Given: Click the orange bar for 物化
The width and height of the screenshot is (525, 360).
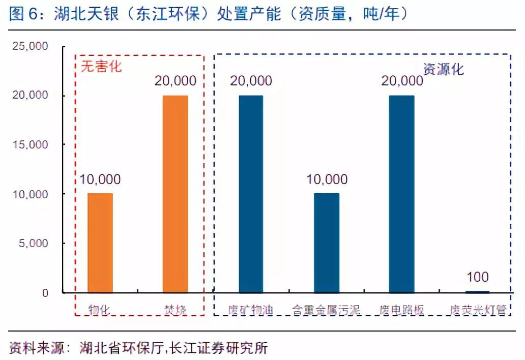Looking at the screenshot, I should tap(100, 243).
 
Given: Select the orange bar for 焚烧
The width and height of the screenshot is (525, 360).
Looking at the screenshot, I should tap(176, 194).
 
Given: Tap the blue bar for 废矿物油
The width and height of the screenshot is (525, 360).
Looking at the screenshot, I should tap(251, 194).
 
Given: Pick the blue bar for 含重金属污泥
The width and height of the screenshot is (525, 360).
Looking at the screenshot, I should tap(327, 243).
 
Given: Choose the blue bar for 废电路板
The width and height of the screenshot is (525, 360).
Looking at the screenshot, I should tap(402, 194).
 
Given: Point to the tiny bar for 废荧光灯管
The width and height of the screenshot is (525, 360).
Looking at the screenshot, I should tap(477, 292).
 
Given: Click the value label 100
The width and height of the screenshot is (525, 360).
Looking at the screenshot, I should tap(477, 278).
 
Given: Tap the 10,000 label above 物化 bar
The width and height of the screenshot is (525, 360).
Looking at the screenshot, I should tap(100, 179).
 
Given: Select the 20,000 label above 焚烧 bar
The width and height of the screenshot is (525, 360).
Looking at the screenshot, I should tap(176, 81).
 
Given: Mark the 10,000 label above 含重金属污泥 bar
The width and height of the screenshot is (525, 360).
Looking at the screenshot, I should tap(327, 179).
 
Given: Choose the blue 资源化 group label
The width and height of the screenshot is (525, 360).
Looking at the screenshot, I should tap(444, 69).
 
